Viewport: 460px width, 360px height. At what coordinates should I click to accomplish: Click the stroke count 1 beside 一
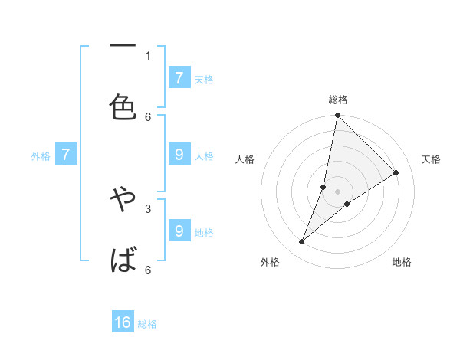point(148,55)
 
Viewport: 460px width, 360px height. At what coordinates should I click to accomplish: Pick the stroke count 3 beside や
point(148,208)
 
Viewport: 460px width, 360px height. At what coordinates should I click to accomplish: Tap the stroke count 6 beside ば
point(148,270)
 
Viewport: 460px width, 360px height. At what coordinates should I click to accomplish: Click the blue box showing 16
point(123,323)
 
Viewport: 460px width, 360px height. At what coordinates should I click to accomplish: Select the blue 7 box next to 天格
point(179,78)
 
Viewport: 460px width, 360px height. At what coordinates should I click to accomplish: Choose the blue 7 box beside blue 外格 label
point(66,155)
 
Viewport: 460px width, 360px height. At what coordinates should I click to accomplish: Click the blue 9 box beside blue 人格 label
point(179,155)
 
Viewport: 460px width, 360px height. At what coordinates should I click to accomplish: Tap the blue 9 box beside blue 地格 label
point(179,231)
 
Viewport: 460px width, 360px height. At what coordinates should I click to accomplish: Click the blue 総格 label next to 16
point(147,324)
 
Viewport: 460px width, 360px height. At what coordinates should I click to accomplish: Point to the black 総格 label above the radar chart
point(338,100)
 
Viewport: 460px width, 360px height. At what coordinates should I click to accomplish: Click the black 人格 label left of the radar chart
point(245,159)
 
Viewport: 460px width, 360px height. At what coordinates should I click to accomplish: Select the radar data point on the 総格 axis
point(337,116)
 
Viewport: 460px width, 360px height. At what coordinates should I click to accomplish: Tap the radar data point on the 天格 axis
point(396,172)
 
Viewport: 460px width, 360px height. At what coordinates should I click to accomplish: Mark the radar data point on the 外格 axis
point(302,242)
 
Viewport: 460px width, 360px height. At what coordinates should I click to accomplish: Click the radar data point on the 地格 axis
point(347,204)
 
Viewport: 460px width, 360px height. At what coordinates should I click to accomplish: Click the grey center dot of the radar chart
point(338,191)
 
